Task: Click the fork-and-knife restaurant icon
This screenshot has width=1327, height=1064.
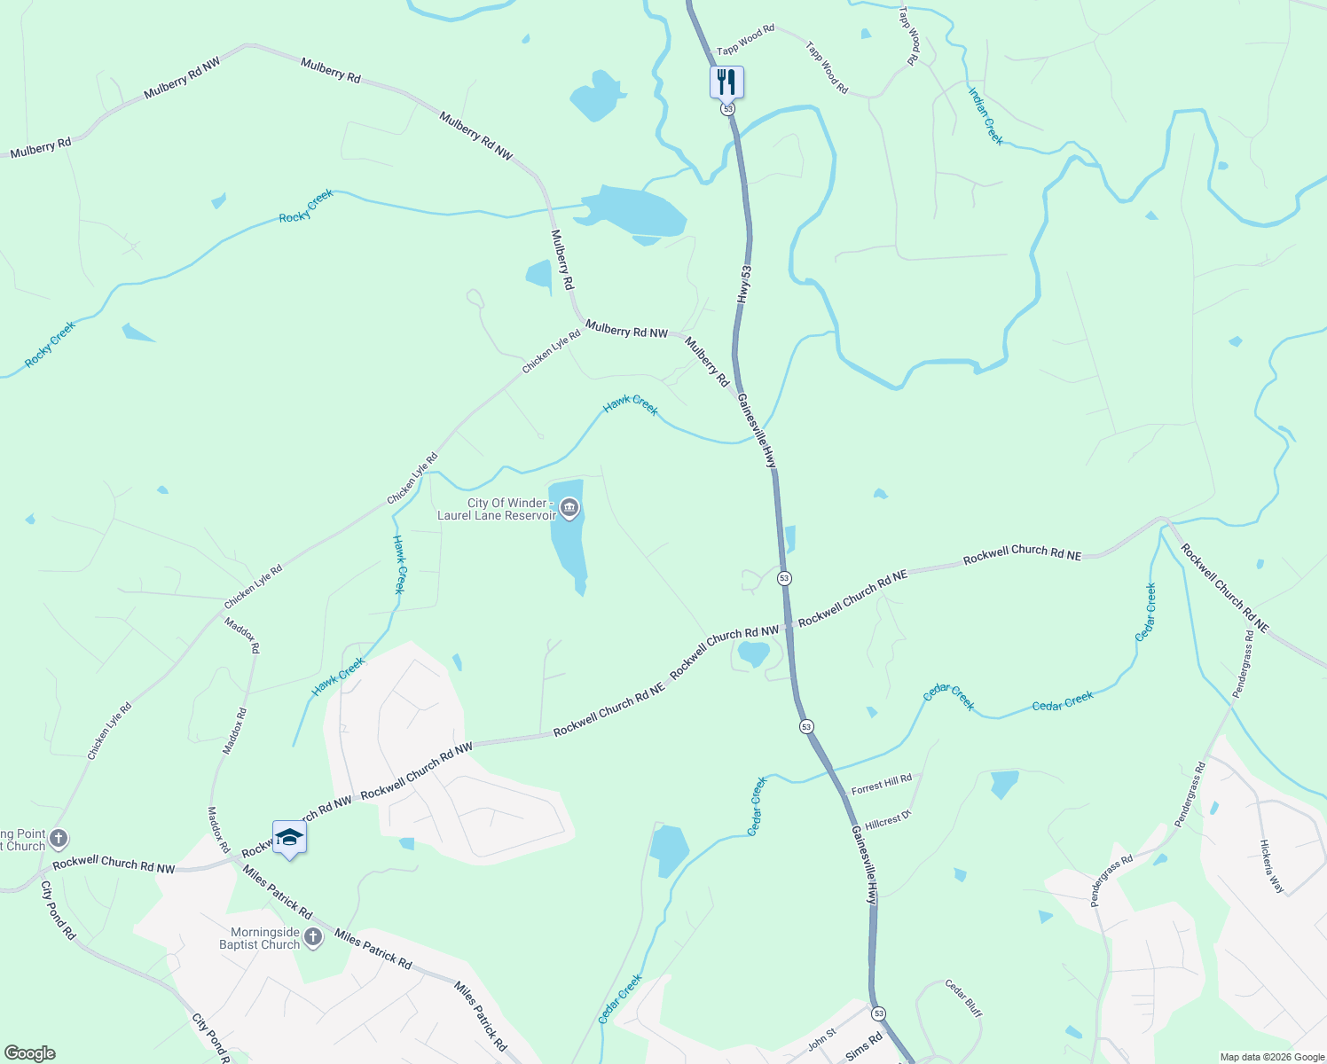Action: pos(726,82)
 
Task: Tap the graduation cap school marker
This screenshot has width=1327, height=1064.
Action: pos(289,838)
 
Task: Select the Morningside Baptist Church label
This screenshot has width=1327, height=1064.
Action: pos(260,938)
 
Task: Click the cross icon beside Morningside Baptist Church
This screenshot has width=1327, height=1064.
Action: pos(313,937)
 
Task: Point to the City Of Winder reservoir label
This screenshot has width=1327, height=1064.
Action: pos(496,509)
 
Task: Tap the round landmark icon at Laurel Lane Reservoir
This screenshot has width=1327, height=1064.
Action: pos(569,508)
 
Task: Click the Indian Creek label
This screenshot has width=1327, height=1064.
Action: pos(985,116)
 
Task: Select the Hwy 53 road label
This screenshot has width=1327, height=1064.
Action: pos(744,285)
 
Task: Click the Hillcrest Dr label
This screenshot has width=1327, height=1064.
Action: pos(888,820)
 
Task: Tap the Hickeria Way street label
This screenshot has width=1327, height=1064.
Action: pos(1272,866)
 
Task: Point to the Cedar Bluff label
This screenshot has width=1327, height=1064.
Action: pos(963,997)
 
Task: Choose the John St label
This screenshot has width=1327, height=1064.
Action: pos(822,1039)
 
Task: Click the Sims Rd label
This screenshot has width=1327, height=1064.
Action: pos(864,1046)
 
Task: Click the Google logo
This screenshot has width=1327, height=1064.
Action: pos(30,1053)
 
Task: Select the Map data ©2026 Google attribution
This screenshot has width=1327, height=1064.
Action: pos(1271,1057)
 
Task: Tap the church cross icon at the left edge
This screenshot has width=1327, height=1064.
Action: pos(59,838)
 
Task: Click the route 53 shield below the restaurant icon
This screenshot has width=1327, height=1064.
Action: pos(727,108)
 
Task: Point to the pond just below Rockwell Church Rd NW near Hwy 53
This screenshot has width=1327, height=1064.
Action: pos(753,654)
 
